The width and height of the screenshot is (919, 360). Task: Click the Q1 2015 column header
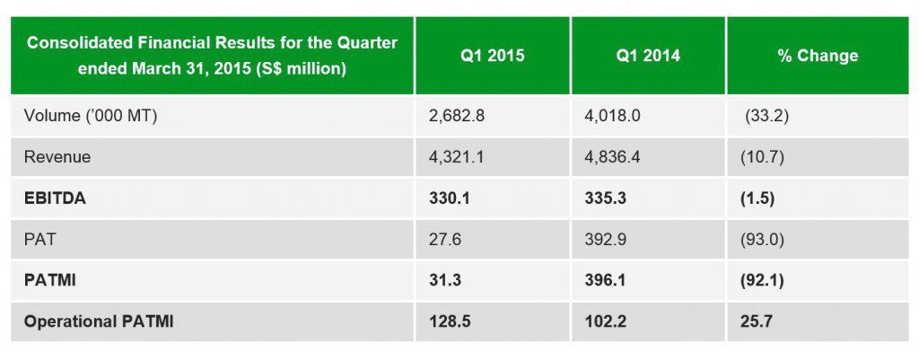[x=492, y=56]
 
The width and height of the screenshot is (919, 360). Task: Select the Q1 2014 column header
[x=647, y=56]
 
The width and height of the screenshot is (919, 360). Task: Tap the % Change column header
[x=817, y=56]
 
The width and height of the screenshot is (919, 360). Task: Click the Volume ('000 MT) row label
[x=91, y=115]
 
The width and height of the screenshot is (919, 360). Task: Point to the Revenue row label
[x=57, y=157]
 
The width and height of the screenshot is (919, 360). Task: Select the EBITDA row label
[x=55, y=198]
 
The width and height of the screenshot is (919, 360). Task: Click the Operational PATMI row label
[x=99, y=321]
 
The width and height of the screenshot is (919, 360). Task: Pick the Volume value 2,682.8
[x=460, y=115]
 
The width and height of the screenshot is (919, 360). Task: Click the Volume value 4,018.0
[x=617, y=115]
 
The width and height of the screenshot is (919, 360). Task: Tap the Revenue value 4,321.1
[x=460, y=157]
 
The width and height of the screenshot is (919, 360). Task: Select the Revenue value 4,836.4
[x=617, y=157]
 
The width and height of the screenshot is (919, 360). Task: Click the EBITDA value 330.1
[x=451, y=198]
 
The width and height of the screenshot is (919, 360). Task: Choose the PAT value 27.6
[x=446, y=240]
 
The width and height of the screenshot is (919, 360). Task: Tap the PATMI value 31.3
[x=446, y=281]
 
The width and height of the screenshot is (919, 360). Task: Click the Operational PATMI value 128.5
[x=451, y=321]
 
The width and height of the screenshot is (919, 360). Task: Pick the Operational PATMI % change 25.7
[x=756, y=321]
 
